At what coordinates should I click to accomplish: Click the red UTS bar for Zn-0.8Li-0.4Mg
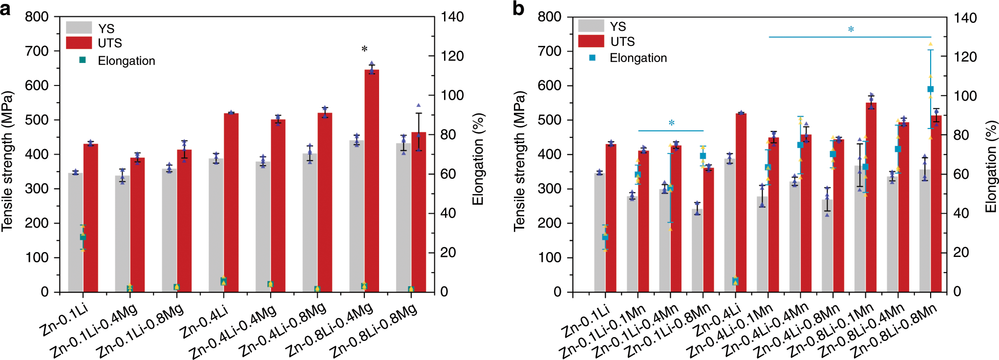[x=372, y=181]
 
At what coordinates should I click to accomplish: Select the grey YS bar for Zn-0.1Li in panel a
[x=75, y=232]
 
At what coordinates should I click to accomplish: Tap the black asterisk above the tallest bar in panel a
[x=364, y=49]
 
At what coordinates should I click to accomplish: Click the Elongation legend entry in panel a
[x=126, y=61]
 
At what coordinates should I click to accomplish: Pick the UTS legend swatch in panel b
[x=591, y=41]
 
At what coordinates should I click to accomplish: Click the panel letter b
[x=518, y=9]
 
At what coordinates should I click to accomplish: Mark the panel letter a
[x=5, y=9]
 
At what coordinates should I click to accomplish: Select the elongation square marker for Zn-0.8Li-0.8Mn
[x=931, y=89]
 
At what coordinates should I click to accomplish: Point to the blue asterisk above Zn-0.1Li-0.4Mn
[x=671, y=123]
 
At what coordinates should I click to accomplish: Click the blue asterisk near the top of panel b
[x=850, y=30]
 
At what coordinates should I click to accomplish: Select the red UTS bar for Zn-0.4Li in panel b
[x=741, y=202]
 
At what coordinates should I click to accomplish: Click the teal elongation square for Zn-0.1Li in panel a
[x=83, y=237]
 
